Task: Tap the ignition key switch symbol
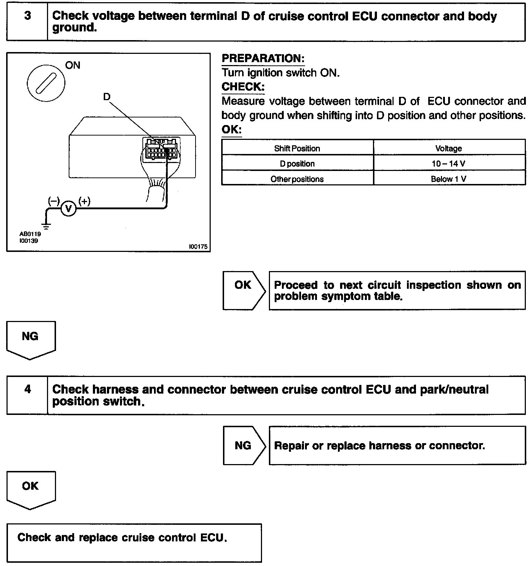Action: [x=46, y=82]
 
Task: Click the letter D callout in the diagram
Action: [x=107, y=97]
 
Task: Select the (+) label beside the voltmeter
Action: [x=84, y=201]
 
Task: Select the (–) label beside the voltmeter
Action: [x=53, y=201]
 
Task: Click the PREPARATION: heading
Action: [x=263, y=59]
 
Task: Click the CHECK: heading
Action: [x=243, y=87]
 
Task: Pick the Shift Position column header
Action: [x=297, y=148]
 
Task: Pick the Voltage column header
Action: [x=449, y=148]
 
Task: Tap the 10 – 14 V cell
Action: [x=449, y=164]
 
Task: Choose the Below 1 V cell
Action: [x=449, y=179]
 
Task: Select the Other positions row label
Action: [x=297, y=179]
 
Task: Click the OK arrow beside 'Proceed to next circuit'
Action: [x=244, y=290]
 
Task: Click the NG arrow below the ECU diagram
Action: [x=31, y=339]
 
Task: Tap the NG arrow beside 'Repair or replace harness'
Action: [x=244, y=445]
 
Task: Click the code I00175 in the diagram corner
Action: [x=198, y=246]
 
